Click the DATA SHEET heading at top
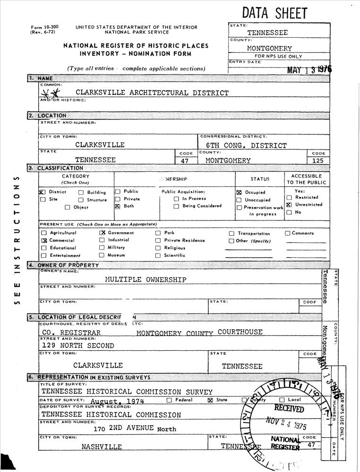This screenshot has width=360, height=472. [x=274, y=13]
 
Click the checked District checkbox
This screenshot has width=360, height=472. [x=42, y=192]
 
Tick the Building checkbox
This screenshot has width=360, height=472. [x=81, y=193]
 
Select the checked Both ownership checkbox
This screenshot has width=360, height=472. [x=118, y=206]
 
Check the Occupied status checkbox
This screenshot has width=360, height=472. [x=239, y=193]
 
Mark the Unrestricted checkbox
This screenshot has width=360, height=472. [x=289, y=205]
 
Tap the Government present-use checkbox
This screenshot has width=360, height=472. [x=102, y=233]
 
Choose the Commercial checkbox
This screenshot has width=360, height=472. [x=44, y=240]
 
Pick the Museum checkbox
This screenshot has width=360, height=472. [x=102, y=255]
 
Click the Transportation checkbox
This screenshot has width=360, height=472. [x=231, y=233]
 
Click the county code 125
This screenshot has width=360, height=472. [x=318, y=160]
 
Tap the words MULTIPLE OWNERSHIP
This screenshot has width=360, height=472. [x=146, y=279]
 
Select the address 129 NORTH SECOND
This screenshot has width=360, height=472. [x=78, y=346]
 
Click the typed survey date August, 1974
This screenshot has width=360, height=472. [x=117, y=401]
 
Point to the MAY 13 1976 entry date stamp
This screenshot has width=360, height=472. [x=309, y=70]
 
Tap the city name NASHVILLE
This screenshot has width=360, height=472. [x=102, y=447]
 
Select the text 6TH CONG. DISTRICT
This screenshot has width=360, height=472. [x=246, y=145]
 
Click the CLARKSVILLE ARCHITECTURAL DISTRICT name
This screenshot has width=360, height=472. [x=152, y=93]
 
